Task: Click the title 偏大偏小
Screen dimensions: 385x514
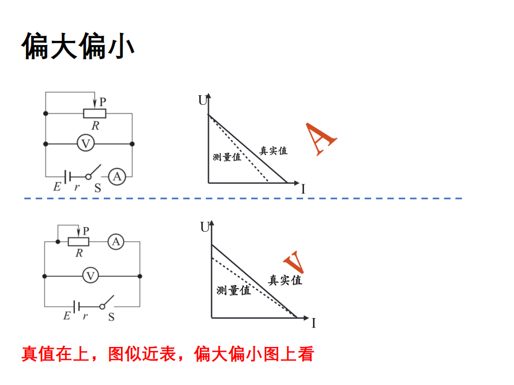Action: pos(79,46)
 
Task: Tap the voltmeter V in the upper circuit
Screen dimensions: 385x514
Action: pos(85,144)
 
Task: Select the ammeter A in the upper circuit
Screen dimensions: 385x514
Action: pos(117,176)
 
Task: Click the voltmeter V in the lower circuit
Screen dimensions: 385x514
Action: pos(90,275)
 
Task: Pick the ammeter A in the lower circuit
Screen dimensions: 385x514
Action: pos(116,242)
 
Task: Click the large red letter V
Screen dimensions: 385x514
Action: pos(294,262)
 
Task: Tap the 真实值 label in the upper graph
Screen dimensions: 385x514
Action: pos(273,151)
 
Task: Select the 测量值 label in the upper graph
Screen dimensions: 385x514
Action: pos(226,157)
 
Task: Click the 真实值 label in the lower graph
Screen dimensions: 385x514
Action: pos(285,281)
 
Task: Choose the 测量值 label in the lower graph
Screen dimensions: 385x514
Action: pos(233,290)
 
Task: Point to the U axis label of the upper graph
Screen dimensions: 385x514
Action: pos(202,100)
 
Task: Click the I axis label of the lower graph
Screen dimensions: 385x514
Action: pos(313,323)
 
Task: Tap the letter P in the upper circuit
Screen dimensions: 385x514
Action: pos(103,101)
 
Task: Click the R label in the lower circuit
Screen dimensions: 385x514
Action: pos(78,253)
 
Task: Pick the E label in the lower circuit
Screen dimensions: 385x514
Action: pos(66,316)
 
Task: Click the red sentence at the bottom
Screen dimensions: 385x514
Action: pos(168,354)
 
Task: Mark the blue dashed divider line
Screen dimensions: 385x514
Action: pos(242,198)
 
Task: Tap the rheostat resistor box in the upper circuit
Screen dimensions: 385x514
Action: pos(95,114)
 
